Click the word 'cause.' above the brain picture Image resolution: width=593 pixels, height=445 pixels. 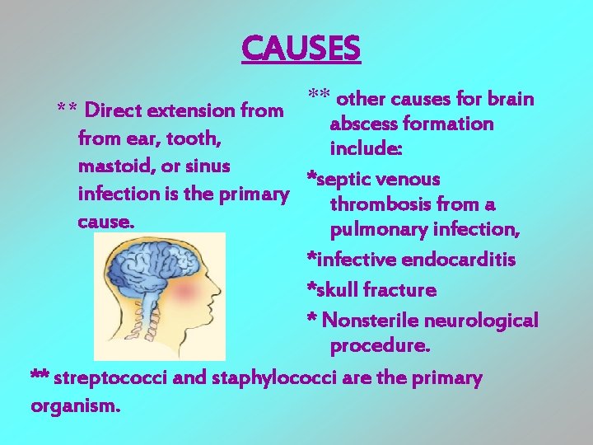pos(105,222)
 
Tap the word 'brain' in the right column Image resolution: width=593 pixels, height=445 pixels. pos(511,99)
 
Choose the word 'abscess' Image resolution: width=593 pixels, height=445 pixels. pos(367,124)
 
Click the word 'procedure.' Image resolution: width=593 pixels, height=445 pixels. pos(380,346)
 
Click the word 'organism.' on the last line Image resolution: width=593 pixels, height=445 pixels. pos(75,405)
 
